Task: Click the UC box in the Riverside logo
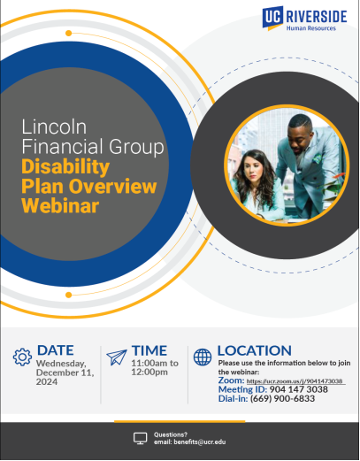coord(272,17)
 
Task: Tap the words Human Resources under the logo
coord(311,28)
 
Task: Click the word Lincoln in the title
coord(54,127)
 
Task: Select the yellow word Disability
coord(65,167)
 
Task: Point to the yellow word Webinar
coord(60,205)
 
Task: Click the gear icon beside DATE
coord(22,357)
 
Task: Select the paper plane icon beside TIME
coord(117,357)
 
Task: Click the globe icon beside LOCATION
coord(203,357)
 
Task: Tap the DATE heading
coord(56,350)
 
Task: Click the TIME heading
coord(149,350)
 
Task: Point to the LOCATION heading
coord(255,350)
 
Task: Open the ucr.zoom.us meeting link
coord(295,381)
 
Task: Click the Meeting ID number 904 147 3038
coord(298,389)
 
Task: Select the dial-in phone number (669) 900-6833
coord(282,399)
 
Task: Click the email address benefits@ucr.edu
coord(200,442)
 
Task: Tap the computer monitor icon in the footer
coord(140,438)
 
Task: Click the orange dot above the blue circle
coord(68,33)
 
